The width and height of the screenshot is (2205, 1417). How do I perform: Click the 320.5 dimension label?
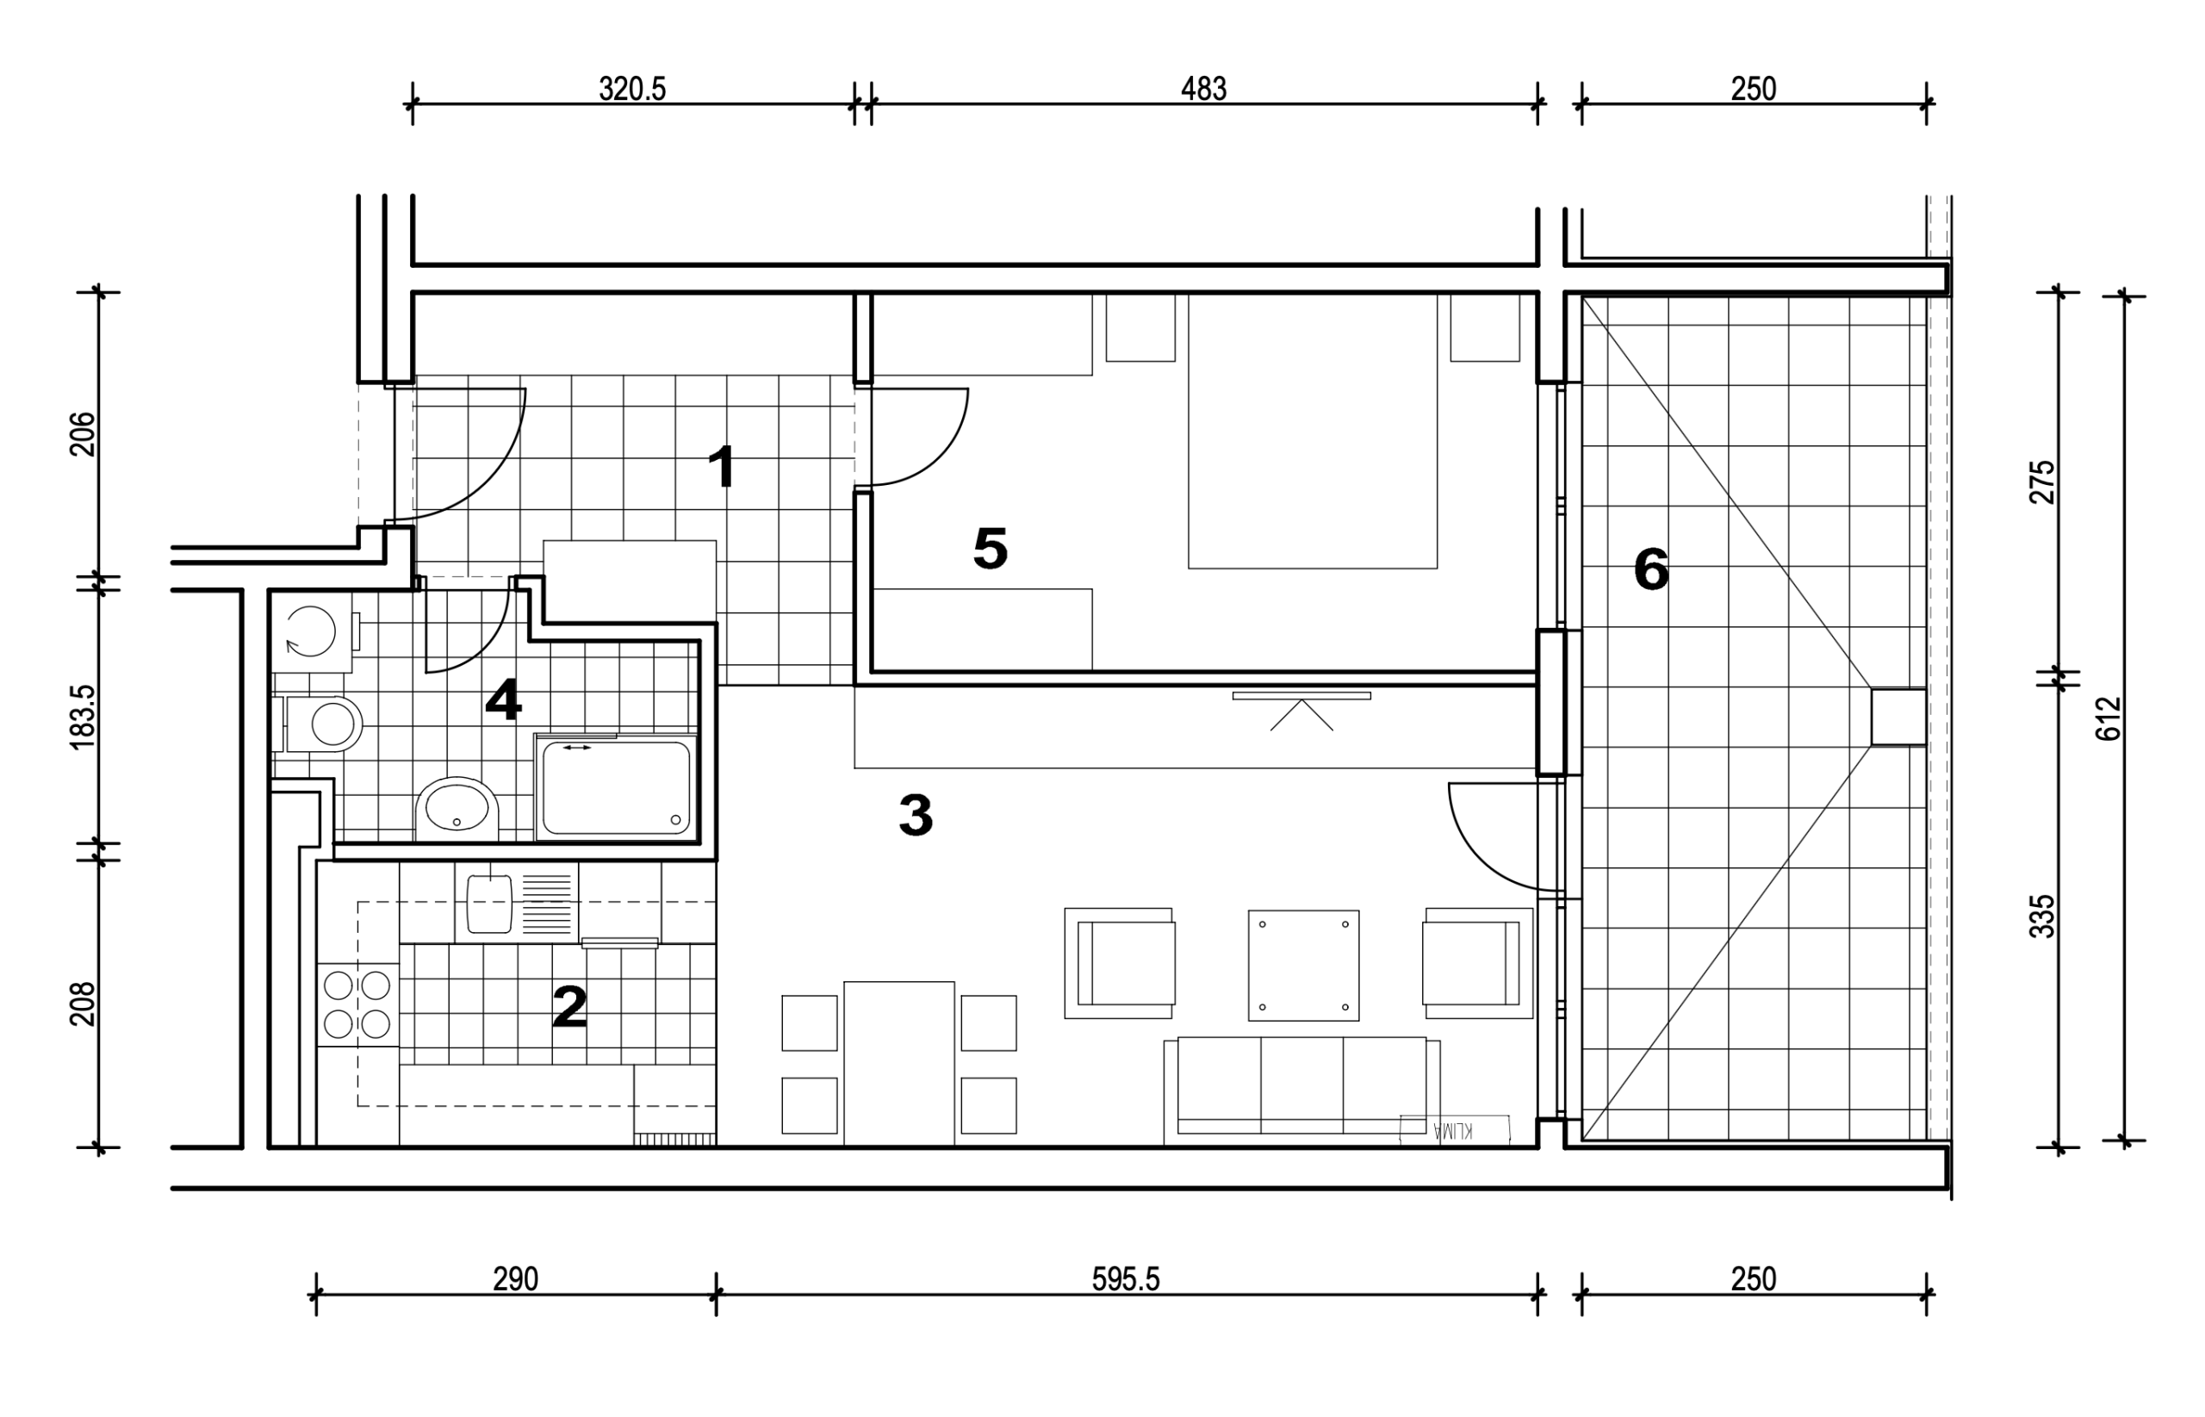click(x=632, y=89)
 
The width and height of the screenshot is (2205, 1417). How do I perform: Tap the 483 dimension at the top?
click(x=1203, y=89)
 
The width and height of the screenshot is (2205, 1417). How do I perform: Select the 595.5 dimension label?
click(x=1126, y=1279)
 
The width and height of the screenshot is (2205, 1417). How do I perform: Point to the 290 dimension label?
click(x=515, y=1279)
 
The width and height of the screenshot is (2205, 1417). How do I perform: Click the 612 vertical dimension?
click(x=2109, y=718)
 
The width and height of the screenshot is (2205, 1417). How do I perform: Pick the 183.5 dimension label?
click(x=82, y=717)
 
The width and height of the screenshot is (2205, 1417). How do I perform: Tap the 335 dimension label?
click(x=2042, y=917)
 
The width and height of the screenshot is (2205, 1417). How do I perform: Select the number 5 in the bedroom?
click(x=990, y=549)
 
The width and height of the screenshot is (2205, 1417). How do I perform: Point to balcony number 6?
click(x=1651, y=569)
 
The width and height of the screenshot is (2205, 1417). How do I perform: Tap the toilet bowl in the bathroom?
click(x=324, y=724)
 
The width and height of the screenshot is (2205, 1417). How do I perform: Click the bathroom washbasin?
click(x=457, y=809)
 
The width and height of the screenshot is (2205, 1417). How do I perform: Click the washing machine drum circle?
click(x=311, y=631)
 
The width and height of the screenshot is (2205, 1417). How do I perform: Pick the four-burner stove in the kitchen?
click(x=357, y=1004)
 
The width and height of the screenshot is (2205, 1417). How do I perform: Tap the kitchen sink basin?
click(x=489, y=904)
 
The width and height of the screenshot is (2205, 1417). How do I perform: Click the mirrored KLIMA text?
click(x=1452, y=1131)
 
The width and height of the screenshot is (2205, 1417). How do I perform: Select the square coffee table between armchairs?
click(x=1303, y=966)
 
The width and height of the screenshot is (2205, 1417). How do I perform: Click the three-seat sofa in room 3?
click(x=1301, y=1091)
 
